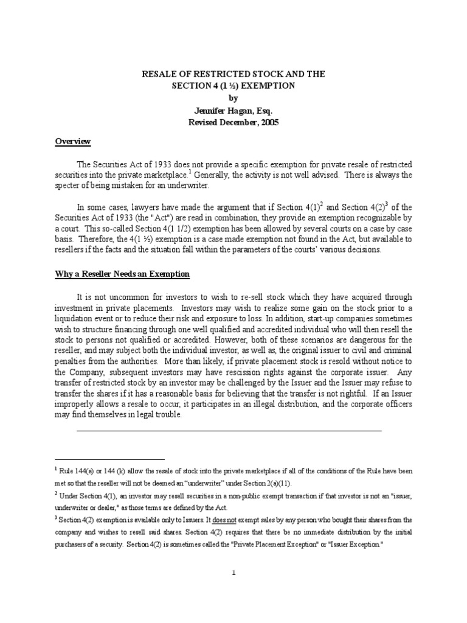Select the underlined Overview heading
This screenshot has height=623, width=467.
(x=73, y=142)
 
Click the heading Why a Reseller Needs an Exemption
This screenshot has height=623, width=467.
(x=122, y=274)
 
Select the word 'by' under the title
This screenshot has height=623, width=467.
(x=233, y=98)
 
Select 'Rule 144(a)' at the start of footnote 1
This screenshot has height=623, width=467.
(x=78, y=472)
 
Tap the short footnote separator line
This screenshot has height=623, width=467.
(x=109, y=459)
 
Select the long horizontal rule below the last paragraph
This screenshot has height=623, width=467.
(x=229, y=430)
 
